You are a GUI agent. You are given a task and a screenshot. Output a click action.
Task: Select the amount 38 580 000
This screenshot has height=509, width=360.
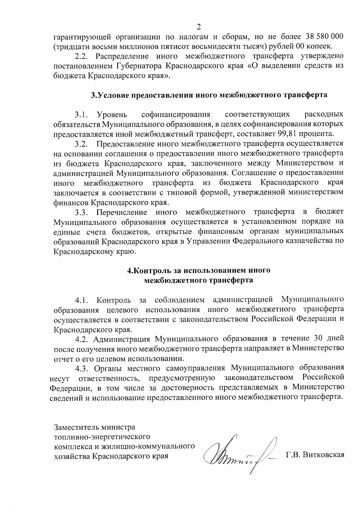[324, 37]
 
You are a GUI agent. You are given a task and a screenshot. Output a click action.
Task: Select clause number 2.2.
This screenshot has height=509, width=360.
[81, 56]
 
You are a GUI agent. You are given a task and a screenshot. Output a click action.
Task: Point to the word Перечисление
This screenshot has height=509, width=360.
[122, 213]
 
